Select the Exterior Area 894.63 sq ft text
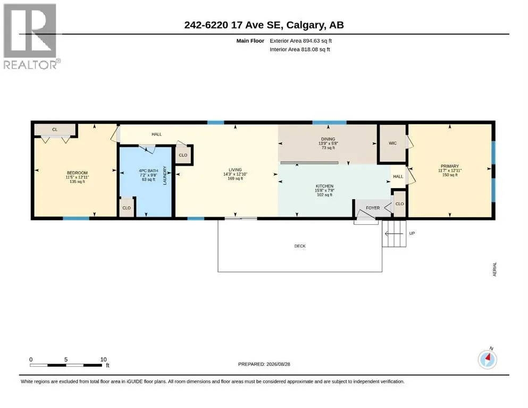coord(301,41)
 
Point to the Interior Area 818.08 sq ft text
coord(300,49)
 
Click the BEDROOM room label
coord(77,173)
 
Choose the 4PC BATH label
coord(148,171)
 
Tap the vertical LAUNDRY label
coord(165,175)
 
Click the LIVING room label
coord(235,170)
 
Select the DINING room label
coord(328,139)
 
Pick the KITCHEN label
coord(324,186)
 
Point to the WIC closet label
coord(392,143)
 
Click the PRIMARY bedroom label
coord(450,166)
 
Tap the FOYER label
coord(373,208)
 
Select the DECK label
coord(300,246)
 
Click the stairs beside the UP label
coord(394,233)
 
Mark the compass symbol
coord(487,359)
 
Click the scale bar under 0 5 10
coord(66,365)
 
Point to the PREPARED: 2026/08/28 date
coord(264,364)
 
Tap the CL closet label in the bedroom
coord(55,130)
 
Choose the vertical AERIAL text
coord(495,269)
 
